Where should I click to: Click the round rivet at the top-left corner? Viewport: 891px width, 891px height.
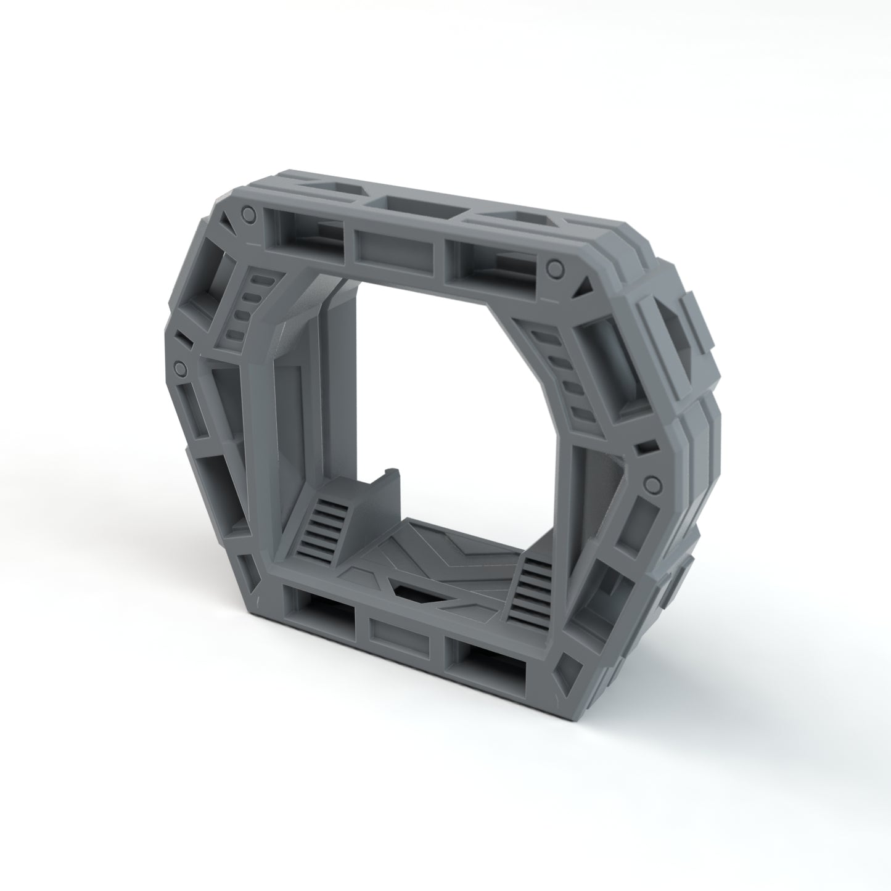[247, 214]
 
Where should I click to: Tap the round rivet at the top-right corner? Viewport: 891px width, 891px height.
[555, 268]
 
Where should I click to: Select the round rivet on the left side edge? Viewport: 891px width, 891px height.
[180, 368]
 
